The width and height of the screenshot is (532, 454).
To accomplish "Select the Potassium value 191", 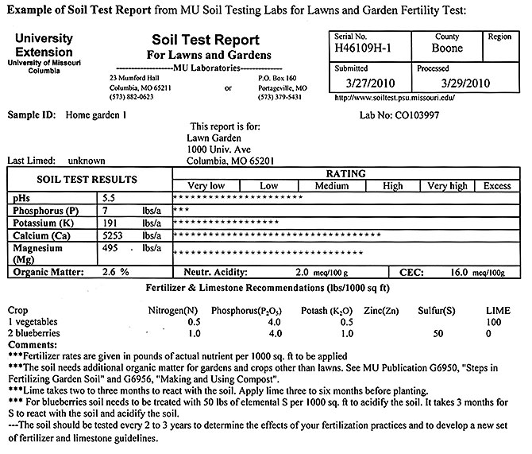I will (108, 223).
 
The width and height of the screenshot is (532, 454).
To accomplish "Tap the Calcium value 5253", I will (110, 236).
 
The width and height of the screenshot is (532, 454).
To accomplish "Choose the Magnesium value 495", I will (109, 250).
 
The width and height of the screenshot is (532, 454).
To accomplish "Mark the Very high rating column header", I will (447, 185).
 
